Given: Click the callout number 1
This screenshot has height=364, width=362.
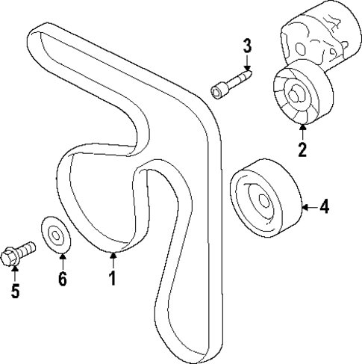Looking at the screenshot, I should pos(112,280).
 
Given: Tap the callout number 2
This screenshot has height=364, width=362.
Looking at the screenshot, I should pos(302,149).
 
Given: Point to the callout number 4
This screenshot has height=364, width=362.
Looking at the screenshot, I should pos(324,206).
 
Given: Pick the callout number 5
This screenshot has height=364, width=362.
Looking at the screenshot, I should pos(14,291).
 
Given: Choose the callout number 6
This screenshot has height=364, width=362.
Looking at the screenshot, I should pos(62,280).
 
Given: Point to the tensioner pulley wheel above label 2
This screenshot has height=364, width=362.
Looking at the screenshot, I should pos(298,96).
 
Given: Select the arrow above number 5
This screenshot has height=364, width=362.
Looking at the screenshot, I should pos(14,270).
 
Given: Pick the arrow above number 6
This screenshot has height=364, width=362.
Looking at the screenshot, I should pos(62,261).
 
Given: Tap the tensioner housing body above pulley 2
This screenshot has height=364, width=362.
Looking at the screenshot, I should pos(313,37).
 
